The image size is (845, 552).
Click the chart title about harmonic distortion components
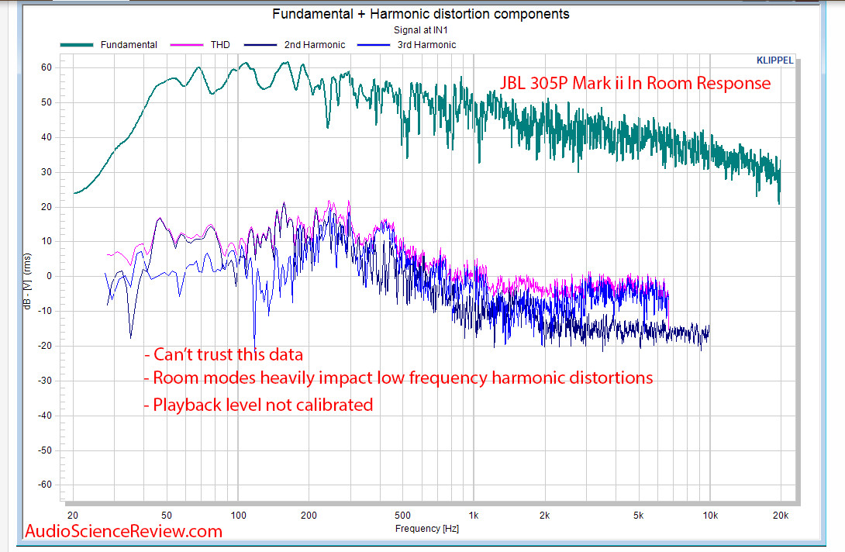[421, 14]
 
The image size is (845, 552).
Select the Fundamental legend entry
[128, 45]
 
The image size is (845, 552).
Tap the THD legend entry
[219, 45]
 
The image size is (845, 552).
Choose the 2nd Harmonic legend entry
[314, 45]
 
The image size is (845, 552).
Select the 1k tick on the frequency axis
[473, 515]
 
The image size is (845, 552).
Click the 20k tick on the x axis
[781, 515]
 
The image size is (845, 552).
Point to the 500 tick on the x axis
[402, 515]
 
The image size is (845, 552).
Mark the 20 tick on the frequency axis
[74, 515]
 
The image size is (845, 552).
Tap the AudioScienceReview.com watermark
[124, 531]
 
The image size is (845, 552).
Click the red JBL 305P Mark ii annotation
[633, 83]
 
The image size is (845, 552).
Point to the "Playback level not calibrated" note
[258, 404]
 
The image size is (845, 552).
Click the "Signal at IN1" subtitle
[421, 30]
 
